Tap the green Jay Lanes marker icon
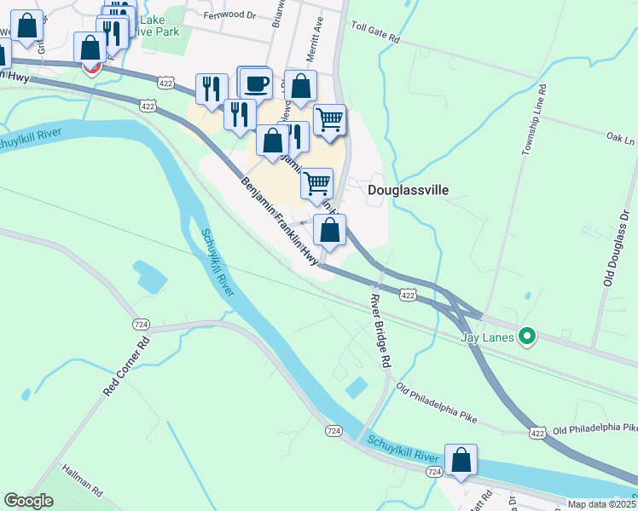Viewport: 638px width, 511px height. coord(527,337)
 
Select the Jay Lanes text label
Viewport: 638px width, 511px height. coord(488,337)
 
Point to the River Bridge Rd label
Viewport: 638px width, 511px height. coord(380,330)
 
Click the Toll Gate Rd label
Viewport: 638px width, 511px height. coord(374,37)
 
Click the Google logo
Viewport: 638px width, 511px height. coord(28,501)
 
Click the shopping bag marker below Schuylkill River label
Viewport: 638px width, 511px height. coord(461,460)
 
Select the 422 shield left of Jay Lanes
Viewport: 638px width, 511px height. coord(408,295)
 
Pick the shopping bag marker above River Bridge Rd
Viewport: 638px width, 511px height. coord(330,230)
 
